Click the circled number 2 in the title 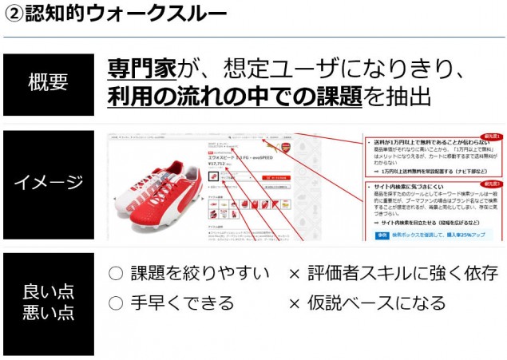pos(13,14)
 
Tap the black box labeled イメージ pos(48,183)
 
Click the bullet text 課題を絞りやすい pos(200,275)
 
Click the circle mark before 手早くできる pos(116,303)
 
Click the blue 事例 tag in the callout pos(382,234)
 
